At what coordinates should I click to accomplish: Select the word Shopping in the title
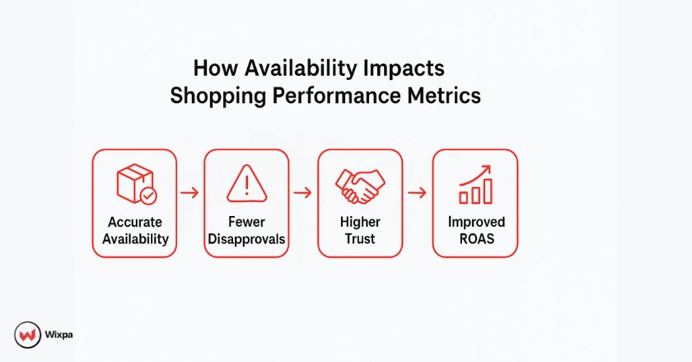217,96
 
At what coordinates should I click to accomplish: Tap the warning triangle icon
246,184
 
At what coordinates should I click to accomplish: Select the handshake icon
360,186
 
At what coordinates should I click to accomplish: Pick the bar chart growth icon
475,185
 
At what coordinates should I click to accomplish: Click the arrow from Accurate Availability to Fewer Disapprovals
189,193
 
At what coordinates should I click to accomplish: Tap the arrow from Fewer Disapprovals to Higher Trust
302,193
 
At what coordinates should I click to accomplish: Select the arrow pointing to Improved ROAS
417,193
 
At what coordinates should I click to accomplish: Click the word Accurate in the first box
135,222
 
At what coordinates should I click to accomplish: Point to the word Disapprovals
246,239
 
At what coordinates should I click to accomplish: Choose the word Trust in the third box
360,239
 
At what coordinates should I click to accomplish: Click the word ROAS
477,239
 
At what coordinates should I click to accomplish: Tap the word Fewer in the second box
246,222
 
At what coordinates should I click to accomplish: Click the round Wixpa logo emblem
27,335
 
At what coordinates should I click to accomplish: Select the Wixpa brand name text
58,335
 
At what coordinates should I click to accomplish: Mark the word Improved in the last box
477,223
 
